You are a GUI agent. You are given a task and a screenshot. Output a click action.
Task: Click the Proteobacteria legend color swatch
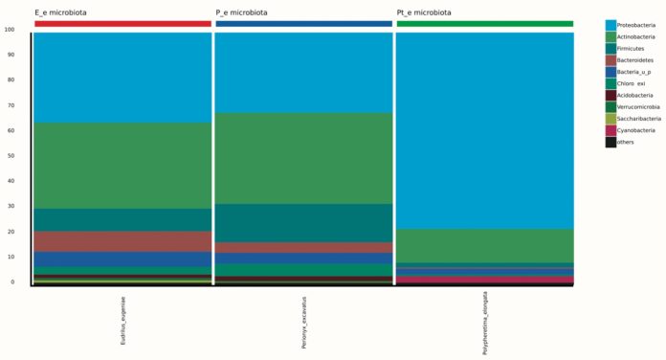[x=610, y=24]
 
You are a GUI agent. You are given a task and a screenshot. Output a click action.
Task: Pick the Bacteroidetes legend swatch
[x=610, y=59]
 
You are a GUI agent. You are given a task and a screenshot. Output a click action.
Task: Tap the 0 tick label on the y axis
[x=11, y=281]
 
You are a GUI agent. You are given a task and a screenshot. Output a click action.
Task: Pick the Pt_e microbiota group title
[x=425, y=12]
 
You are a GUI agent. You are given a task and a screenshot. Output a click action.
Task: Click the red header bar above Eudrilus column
[x=122, y=24]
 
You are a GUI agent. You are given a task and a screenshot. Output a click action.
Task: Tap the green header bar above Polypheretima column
[x=484, y=24]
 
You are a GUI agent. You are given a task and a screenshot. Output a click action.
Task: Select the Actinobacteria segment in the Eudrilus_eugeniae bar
[x=122, y=166]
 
